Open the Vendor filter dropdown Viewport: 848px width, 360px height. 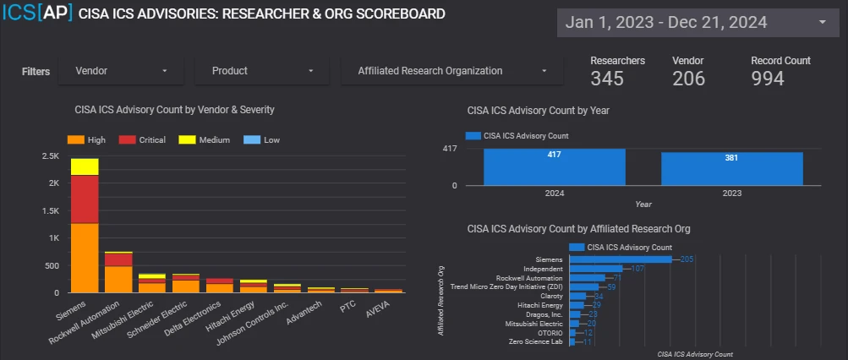click(121, 71)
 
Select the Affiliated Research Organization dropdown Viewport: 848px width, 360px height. click(451, 71)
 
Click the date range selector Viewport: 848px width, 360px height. click(696, 23)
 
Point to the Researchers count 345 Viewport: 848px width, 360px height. click(607, 79)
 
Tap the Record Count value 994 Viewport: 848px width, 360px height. click(768, 79)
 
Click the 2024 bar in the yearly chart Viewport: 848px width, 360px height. click(553, 166)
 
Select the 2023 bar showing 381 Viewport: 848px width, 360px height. click(731, 168)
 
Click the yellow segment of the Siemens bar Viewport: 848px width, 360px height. click(85, 166)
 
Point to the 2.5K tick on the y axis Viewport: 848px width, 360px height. click(52, 156)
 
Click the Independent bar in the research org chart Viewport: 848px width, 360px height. click(599, 269)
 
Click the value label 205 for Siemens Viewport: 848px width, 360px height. click(687, 259)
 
